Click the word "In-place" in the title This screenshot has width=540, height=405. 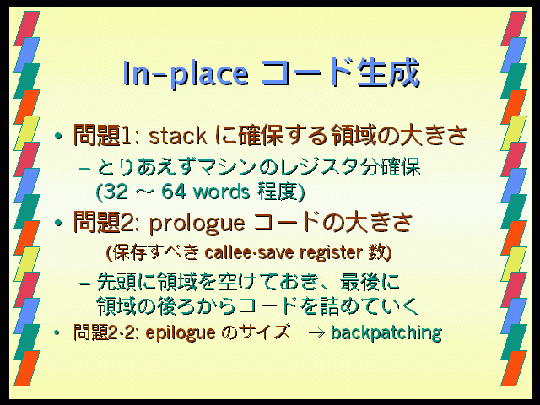[186, 73]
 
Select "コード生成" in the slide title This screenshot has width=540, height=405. [340, 73]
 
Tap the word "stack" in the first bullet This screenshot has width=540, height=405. [178, 135]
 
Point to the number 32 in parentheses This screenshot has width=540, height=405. [116, 192]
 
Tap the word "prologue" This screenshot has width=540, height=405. [197, 224]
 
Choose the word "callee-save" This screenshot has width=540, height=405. [250, 252]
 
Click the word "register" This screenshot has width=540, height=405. [331, 253]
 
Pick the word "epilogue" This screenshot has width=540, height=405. [181, 333]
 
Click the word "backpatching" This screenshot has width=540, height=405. [386, 332]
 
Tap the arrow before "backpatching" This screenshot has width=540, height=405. [316, 333]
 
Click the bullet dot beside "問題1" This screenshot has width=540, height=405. [58, 136]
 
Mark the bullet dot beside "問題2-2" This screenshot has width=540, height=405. [57, 332]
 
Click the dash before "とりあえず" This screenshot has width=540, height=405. [84, 169]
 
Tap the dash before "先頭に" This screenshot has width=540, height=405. [84, 283]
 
